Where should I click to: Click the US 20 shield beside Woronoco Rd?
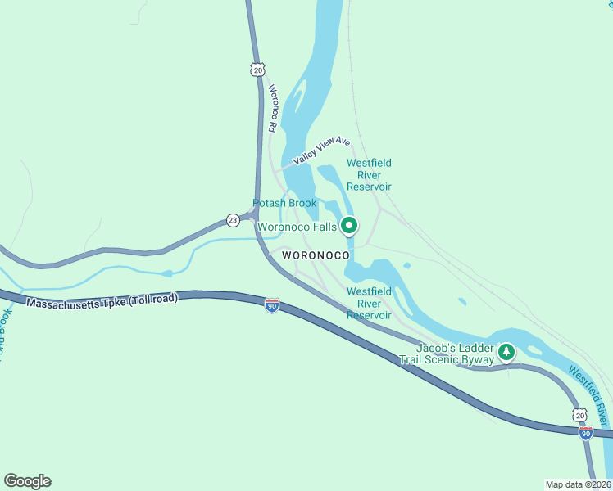coord(258,71)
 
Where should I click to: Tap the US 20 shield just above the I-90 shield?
coord(580,415)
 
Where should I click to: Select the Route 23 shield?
coord(233,220)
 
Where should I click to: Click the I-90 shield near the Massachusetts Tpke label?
coord(272,306)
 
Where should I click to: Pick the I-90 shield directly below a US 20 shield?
coord(586,432)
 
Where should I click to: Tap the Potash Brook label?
coord(284,203)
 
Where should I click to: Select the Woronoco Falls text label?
coord(297,227)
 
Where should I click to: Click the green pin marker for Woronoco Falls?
coord(349,224)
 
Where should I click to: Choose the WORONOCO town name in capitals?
coord(316,255)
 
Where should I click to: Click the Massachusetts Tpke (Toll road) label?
coord(102,300)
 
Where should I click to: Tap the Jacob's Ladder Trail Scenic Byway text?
coord(447,354)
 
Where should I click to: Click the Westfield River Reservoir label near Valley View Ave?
coord(369,174)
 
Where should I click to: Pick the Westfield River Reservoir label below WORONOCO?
coord(369,303)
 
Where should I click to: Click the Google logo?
coord(27,481)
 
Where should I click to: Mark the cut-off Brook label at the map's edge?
coord(4,333)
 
